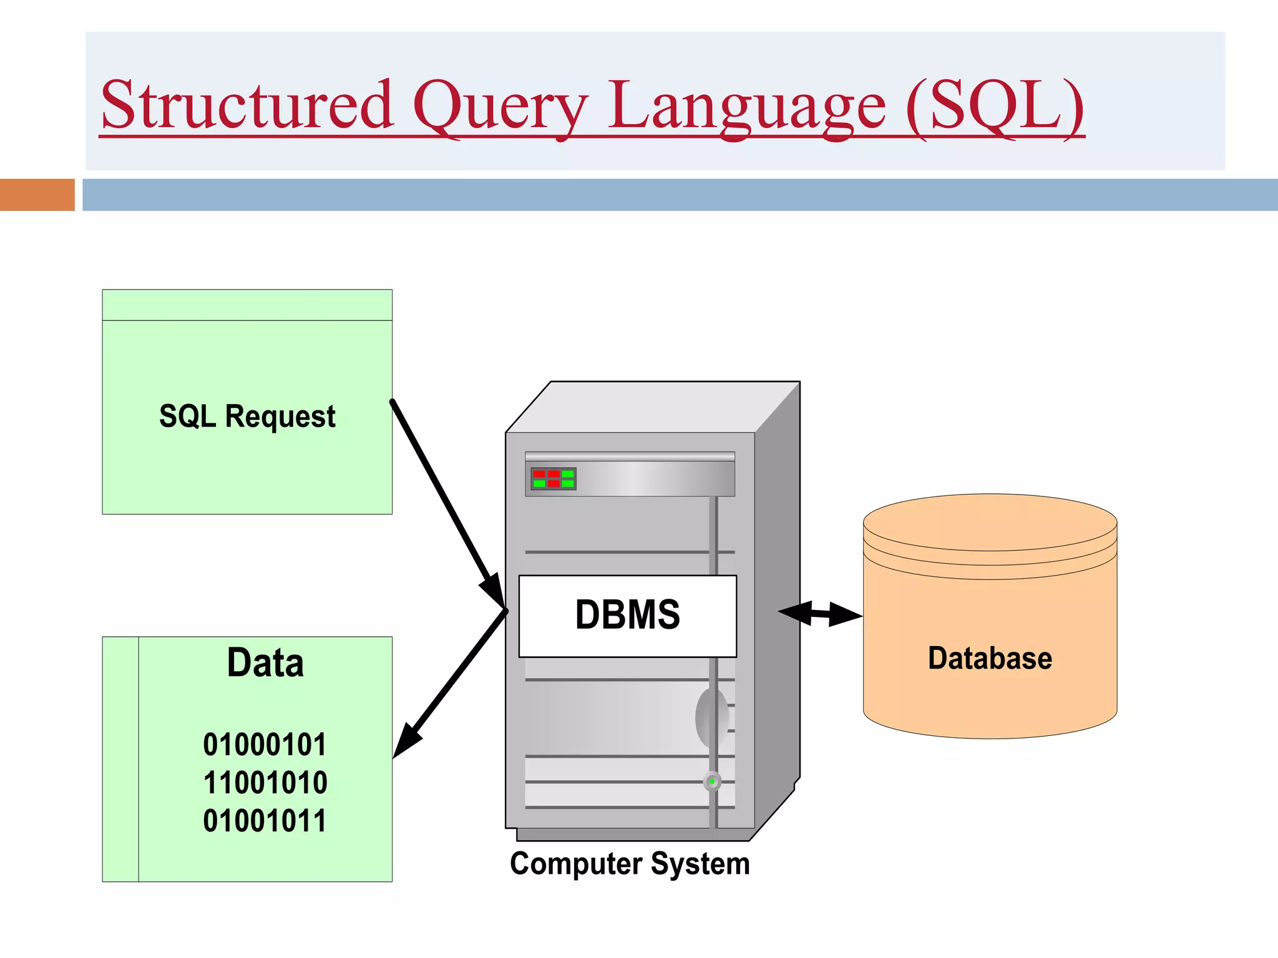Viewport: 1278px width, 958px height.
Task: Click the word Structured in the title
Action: click(x=246, y=104)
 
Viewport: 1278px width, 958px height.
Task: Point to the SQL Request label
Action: click(x=247, y=416)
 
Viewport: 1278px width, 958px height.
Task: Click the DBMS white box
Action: click(x=627, y=616)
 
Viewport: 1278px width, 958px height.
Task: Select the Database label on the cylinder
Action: click(x=990, y=659)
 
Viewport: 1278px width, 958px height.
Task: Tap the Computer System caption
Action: click(x=630, y=864)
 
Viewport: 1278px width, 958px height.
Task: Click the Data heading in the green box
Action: click(x=265, y=662)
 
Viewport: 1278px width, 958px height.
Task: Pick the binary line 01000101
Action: click(x=265, y=745)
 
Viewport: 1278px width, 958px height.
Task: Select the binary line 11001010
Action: click(x=265, y=783)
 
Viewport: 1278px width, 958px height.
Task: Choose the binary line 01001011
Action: click(x=265, y=821)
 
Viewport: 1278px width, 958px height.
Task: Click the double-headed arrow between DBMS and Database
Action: click(x=820, y=614)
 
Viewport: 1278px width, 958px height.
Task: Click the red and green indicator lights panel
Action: click(x=554, y=479)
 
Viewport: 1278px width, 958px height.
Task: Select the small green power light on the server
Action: click(x=712, y=781)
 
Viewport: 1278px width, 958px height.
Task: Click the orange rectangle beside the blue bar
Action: click(x=37, y=195)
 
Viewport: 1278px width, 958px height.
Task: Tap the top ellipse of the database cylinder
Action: click(x=990, y=523)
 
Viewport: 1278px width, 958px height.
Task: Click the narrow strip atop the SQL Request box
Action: click(x=247, y=305)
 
